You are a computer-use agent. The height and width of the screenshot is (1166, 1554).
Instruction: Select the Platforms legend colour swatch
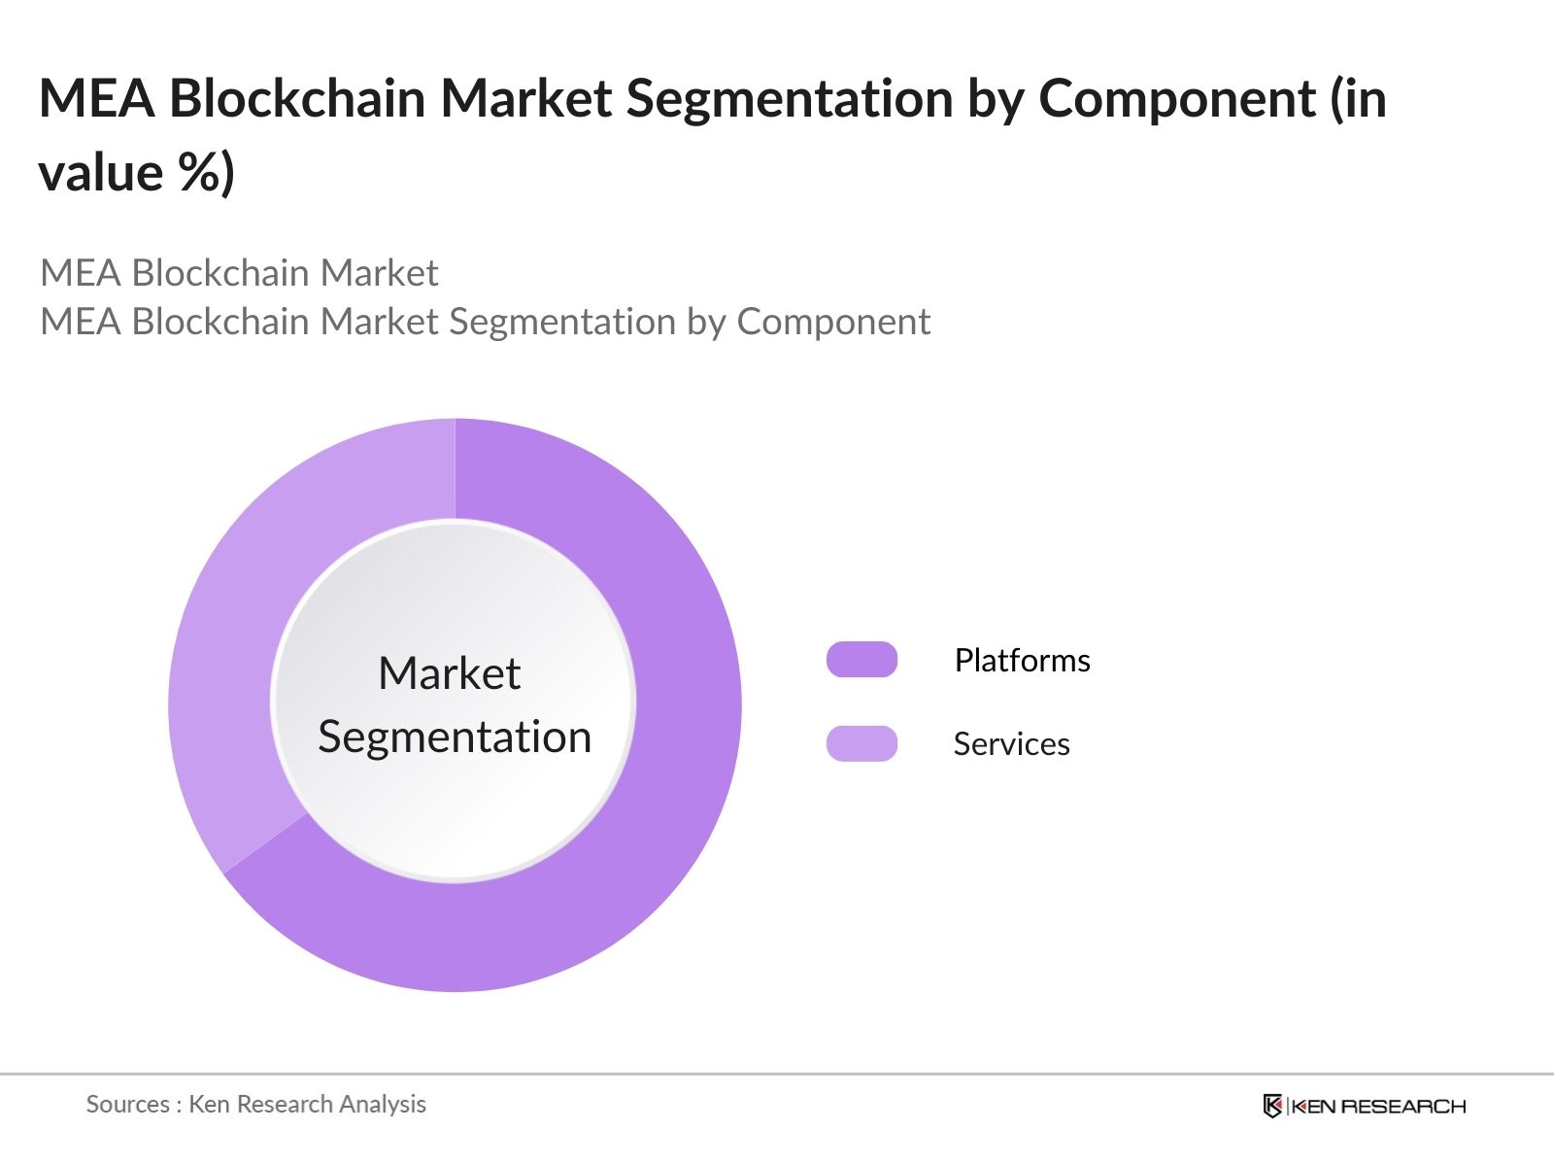(861, 660)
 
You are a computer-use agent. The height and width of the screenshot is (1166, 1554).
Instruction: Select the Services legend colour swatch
(861, 743)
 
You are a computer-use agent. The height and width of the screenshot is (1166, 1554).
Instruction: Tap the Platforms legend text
(1022, 661)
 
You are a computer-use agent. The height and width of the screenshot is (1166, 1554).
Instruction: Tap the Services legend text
(1011, 744)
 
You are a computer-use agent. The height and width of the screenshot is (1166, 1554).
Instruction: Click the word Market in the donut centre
(449, 673)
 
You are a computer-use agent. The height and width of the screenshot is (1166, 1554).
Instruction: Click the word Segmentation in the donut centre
(455, 737)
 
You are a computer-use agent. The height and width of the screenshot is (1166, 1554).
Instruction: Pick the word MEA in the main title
(96, 98)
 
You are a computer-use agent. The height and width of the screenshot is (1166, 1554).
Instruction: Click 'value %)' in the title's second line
(137, 174)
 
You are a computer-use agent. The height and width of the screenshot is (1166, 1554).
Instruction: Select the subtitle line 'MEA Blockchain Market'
(239, 273)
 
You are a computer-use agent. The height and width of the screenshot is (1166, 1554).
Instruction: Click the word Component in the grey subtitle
(833, 322)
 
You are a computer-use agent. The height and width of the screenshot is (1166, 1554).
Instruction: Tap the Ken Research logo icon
(1272, 1106)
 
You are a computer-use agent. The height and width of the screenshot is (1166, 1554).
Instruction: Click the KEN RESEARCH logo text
(1377, 1106)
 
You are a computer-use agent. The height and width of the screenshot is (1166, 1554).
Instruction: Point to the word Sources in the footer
(127, 1104)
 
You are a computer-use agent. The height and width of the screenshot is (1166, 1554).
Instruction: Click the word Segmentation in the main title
(789, 100)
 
